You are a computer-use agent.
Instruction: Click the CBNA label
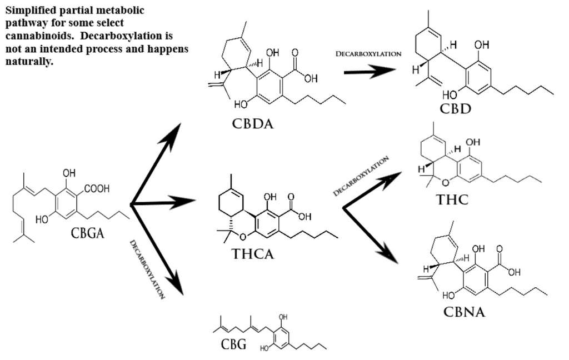[464, 312]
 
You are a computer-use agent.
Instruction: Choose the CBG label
[233, 345]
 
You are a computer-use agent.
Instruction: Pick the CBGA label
[88, 233]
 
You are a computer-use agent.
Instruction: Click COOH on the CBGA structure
[98, 189]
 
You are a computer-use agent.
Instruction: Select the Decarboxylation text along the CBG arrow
[147, 270]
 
